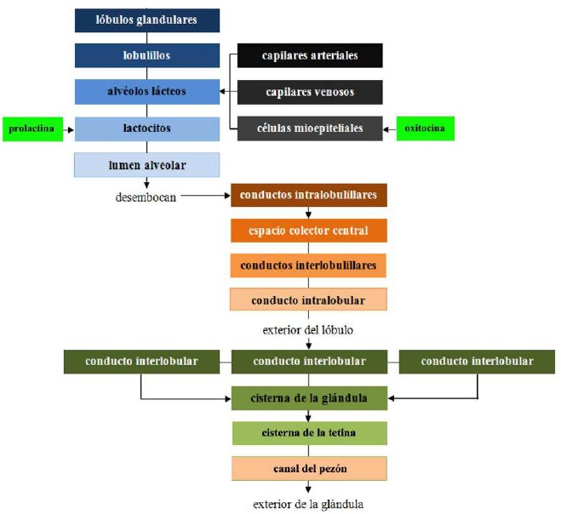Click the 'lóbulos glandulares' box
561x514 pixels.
tap(147, 20)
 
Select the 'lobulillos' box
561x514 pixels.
tap(147, 55)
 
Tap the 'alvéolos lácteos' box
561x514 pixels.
tap(147, 92)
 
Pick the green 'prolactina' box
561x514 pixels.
tap(33, 129)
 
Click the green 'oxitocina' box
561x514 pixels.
tap(426, 128)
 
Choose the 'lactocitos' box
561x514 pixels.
tap(147, 128)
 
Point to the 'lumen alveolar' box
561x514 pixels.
tap(146, 165)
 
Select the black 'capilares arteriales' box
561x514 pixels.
tap(310, 55)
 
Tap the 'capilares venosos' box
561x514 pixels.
tap(310, 92)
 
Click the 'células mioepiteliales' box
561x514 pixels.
tap(310, 128)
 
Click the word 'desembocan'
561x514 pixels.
tap(146, 197)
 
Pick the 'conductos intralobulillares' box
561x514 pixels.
tap(309, 195)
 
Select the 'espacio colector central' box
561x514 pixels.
tap(309, 231)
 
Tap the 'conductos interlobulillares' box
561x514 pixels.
tap(308, 266)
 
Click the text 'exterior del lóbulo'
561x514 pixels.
tap(308, 330)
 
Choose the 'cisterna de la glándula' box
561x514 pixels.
tap(310, 398)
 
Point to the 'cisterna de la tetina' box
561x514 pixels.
tap(310, 433)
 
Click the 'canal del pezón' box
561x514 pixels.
tap(309, 469)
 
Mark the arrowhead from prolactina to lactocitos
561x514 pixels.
tap(71, 129)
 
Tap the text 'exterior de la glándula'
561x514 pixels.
tap(308, 505)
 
